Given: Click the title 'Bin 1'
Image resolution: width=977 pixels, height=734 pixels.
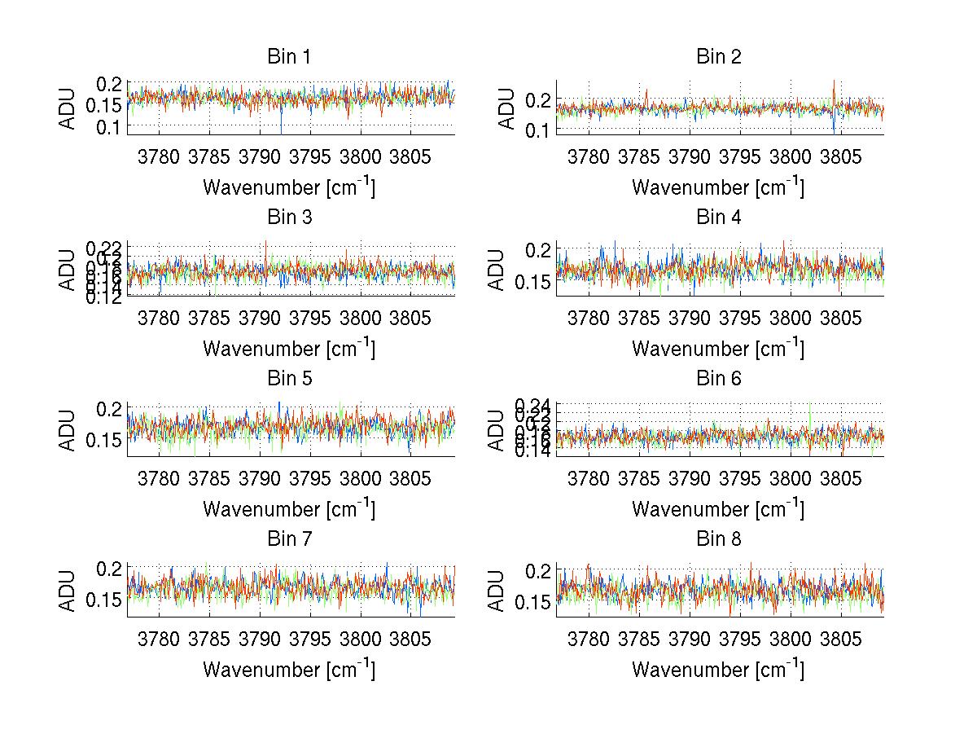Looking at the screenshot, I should pos(289,57).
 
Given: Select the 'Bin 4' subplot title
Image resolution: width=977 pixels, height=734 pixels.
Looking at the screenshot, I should pos(718,218).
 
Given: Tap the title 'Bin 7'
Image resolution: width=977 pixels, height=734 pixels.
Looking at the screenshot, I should pos(289,539).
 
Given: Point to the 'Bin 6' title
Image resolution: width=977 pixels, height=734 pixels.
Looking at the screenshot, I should pos(718,379).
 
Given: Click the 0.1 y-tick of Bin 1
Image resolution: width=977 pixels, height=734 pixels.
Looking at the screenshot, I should pos(110,126).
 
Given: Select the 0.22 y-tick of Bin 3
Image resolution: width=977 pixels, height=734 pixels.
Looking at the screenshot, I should pos(103,246).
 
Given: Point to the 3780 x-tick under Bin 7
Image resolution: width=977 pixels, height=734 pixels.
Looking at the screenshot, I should pos(160,638).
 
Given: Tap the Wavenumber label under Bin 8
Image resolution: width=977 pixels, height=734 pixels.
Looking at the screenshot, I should pos(718,669).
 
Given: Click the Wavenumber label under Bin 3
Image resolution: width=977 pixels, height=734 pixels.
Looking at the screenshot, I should pos(289,348).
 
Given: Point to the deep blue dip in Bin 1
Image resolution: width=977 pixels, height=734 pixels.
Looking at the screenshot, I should pos(281,130).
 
